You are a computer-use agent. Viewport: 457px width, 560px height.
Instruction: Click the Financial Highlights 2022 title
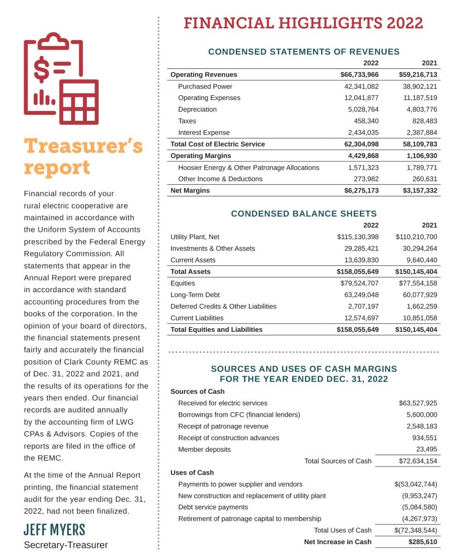[303, 23]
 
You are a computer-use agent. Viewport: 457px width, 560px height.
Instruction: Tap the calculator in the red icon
[79, 102]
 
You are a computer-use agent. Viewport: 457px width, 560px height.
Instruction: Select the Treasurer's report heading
[83, 157]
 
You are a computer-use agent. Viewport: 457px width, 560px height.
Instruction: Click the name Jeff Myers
[55, 529]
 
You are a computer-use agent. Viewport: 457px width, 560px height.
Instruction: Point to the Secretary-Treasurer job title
[66, 545]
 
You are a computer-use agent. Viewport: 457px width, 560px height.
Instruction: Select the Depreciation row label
[197, 109]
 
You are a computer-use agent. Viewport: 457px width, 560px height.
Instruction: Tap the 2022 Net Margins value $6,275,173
[359, 191]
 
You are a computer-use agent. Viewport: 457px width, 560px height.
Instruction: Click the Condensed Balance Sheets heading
[304, 214]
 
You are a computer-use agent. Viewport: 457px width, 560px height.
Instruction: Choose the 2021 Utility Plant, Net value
[416, 237]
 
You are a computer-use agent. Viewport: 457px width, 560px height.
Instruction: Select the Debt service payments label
[213, 507]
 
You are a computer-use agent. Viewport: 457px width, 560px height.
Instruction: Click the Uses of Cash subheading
[192, 472]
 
